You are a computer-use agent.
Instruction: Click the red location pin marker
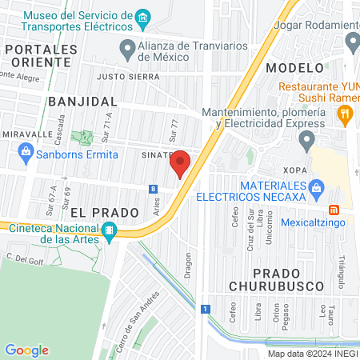coord(180,163)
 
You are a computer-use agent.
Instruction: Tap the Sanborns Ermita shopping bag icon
coord(26,151)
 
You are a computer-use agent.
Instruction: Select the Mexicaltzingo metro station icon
coord(334,210)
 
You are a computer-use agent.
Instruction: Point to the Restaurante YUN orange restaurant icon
coord(345,115)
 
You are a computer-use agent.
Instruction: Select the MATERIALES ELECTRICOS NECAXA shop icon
coord(316,189)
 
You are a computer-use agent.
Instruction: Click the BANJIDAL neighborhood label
coord(82,102)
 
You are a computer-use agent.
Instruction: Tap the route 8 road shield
coord(153,189)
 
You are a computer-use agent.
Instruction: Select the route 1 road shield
coord(206,308)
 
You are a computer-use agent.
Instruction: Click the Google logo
coord(26,350)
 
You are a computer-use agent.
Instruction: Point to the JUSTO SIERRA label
coord(128,78)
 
